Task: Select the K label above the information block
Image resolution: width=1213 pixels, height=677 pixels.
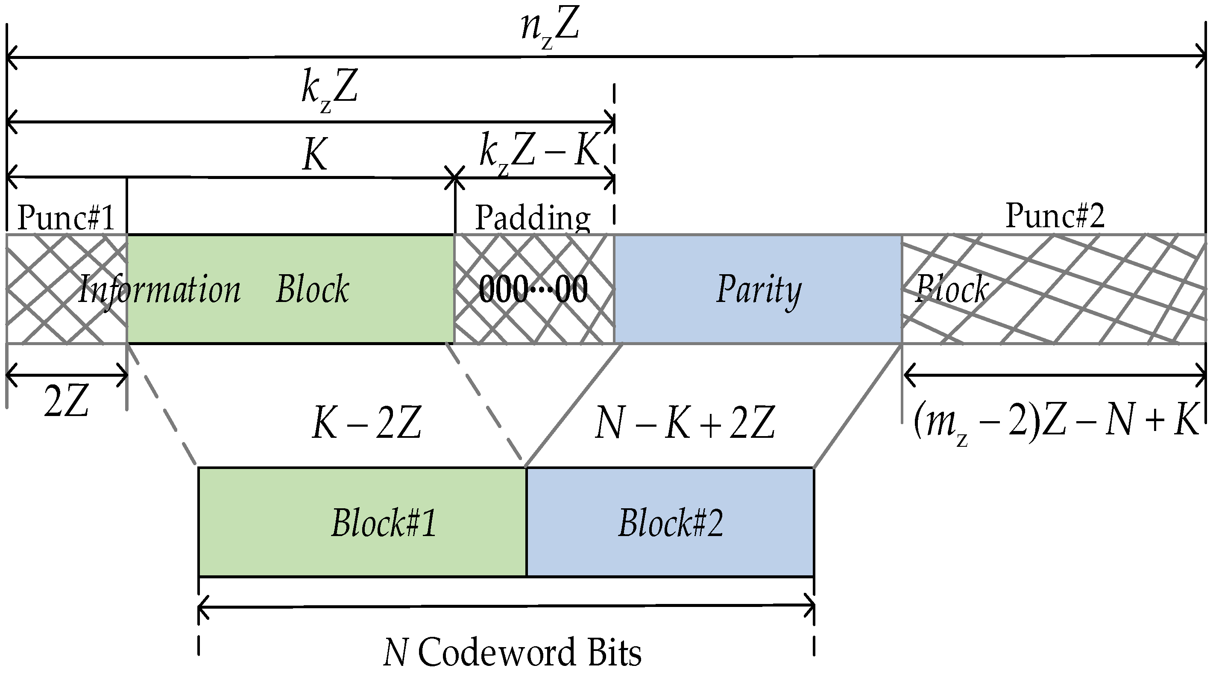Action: [314, 155]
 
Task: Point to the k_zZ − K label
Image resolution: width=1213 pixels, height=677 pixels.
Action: [539, 153]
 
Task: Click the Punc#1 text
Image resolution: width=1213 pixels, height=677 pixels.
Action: [66, 217]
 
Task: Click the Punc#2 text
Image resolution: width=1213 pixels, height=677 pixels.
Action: [1055, 216]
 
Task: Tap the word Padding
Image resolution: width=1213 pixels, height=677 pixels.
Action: [533, 217]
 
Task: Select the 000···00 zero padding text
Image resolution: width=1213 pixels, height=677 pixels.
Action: [533, 289]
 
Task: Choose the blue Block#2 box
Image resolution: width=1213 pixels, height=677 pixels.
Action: [670, 522]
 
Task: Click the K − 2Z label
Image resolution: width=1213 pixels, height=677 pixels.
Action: [366, 423]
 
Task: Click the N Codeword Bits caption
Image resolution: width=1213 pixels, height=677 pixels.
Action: [513, 653]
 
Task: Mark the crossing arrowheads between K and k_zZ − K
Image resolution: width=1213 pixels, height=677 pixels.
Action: [454, 179]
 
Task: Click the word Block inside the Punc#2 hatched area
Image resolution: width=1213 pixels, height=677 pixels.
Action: [951, 289]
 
